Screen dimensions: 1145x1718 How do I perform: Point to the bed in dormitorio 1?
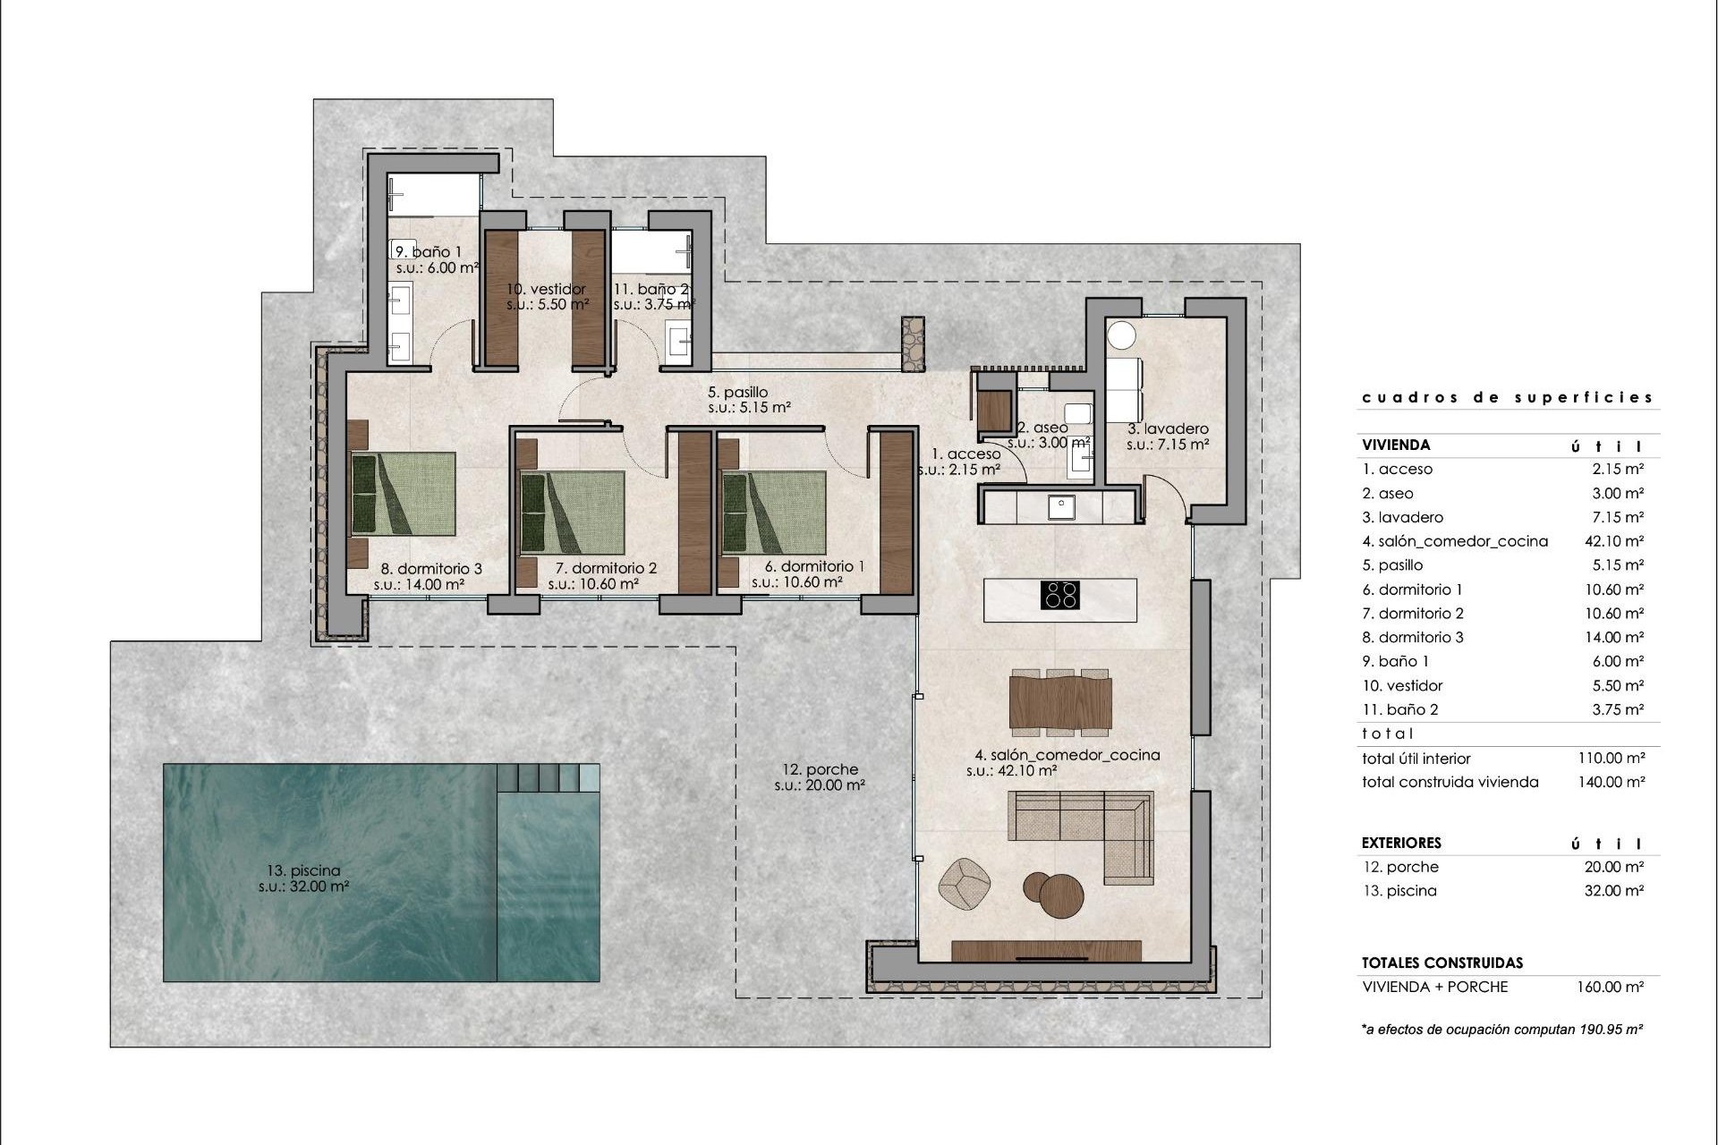click(774, 513)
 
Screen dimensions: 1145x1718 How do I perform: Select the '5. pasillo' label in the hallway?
click(737, 392)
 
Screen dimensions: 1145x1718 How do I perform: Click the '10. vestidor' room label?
click(546, 289)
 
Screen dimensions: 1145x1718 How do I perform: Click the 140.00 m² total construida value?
click(1611, 782)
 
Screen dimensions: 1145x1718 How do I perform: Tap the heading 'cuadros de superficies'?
click(1507, 397)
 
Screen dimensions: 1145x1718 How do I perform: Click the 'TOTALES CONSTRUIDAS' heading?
click(1442, 963)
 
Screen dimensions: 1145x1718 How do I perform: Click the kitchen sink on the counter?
click(1063, 507)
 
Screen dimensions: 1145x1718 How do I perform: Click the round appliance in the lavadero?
click(1121, 336)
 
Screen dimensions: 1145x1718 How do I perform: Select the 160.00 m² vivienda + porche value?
click(1610, 987)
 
